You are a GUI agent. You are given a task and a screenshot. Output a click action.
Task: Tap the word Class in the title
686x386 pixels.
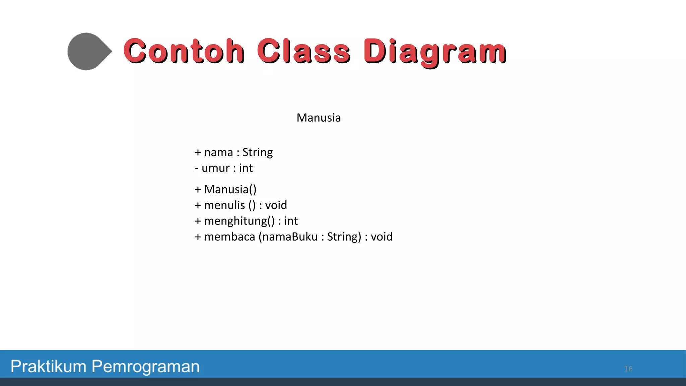tap(303, 51)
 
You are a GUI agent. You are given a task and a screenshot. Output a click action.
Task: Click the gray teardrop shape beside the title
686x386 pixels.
tap(88, 51)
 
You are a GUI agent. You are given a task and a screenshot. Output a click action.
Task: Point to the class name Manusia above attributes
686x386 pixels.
tap(319, 118)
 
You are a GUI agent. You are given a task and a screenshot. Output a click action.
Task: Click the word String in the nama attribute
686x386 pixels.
tap(257, 153)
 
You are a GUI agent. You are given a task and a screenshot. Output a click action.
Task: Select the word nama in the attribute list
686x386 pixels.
tap(218, 153)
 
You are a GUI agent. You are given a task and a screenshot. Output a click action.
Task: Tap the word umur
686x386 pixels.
tap(215, 168)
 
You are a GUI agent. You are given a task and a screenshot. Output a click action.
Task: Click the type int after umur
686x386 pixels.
tap(246, 168)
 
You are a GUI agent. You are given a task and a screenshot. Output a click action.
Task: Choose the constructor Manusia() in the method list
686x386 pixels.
tap(230, 190)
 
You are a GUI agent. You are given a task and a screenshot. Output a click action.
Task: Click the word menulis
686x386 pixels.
tap(224, 205)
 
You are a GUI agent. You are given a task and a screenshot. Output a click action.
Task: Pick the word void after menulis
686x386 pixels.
tap(276, 205)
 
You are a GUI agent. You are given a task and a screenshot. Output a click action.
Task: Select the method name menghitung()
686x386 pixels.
tap(239, 221)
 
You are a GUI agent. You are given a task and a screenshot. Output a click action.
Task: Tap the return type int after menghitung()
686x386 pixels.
tap(291, 221)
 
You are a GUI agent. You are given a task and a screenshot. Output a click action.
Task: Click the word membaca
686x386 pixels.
tap(229, 237)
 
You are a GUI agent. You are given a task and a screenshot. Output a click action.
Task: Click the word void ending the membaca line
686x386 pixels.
tap(382, 237)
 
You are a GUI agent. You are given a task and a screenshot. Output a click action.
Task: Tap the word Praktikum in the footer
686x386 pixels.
tap(49, 367)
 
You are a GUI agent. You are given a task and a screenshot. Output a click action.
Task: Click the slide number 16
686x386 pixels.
tap(628, 369)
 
